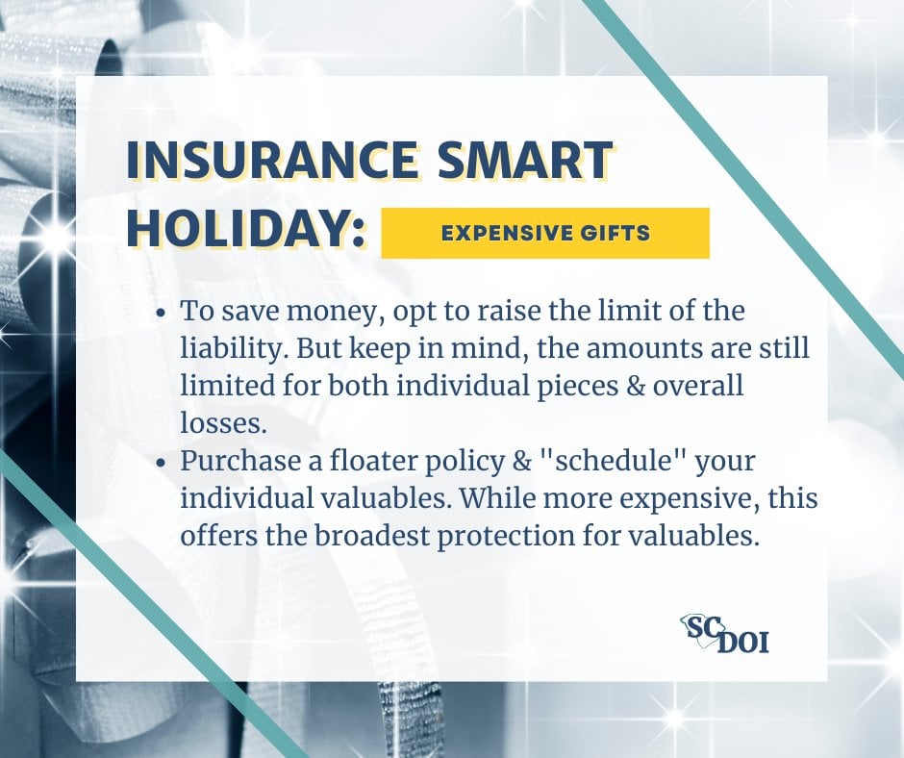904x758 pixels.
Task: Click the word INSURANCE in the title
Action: (271, 160)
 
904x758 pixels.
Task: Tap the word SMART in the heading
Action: (524, 160)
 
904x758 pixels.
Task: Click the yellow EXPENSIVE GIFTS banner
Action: (545, 233)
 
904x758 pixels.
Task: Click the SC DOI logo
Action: (725, 633)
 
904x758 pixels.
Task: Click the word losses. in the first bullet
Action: (224, 423)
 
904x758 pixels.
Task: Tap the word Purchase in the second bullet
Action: (241, 461)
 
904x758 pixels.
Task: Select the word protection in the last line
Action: (506, 537)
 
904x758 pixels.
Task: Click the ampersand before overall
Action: (636, 386)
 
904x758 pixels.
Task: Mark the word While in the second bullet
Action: (497, 498)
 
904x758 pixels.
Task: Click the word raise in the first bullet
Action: (508, 311)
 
